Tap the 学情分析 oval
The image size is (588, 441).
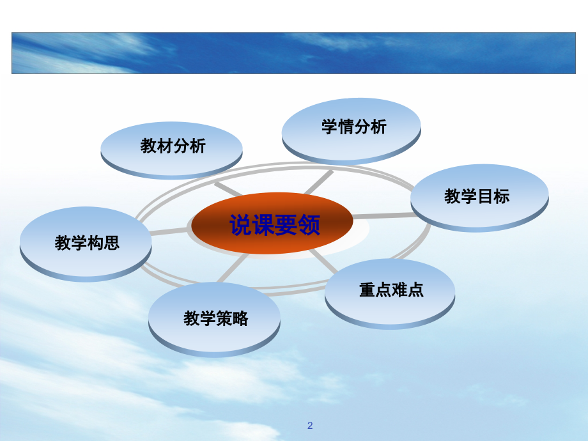pos(352,127)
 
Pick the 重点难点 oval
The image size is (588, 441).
pos(390,290)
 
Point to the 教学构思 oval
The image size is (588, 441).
pos(86,242)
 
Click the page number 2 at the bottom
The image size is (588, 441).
pos(310,425)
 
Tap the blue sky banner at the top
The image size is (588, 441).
pos(293,53)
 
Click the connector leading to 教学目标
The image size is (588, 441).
pos(382,216)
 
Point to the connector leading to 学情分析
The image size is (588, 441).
pos(318,182)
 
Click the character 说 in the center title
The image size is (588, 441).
pos(240,225)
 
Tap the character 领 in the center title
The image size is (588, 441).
pos(309,225)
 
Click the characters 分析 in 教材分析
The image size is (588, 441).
pos(189,146)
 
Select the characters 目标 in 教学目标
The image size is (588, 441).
pos(493,196)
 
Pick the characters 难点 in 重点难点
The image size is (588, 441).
pos(407,290)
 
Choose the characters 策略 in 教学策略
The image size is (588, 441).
pos(232,318)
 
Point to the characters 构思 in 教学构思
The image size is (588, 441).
pos(103,243)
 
